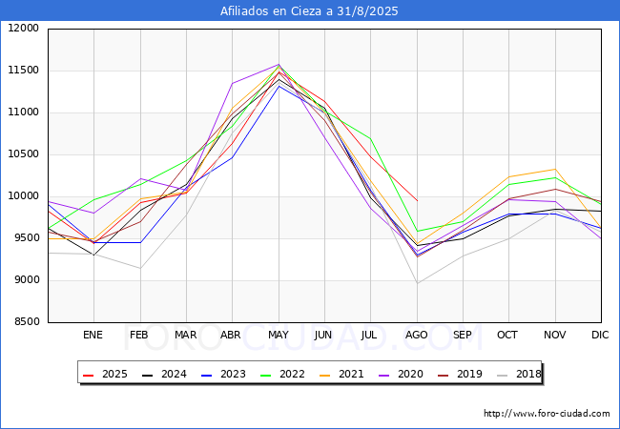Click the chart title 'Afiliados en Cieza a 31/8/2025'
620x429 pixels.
pyautogui.click(x=309, y=11)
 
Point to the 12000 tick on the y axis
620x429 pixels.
pyautogui.click(x=23, y=29)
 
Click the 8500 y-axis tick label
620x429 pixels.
pyautogui.click(x=26, y=322)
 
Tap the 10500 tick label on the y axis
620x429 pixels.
pyautogui.click(x=23, y=154)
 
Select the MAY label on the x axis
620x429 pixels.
pyautogui.click(x=279, y=336)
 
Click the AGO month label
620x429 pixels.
pyautogui.click(x=417, y=336)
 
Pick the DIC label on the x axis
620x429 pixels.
pyautogui.click(x=600, y=336)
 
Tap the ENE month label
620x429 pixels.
pyautogui.click(x=93, y=336)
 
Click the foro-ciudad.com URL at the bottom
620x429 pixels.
pyautogui.click(x=547, y=414)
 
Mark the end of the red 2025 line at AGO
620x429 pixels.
pyautogui.click(x=417, y=200)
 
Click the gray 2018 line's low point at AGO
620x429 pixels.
pyautogui.click(x=417, y=283)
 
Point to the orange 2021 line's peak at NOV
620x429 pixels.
pyautogui.click(x=554, y=170)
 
